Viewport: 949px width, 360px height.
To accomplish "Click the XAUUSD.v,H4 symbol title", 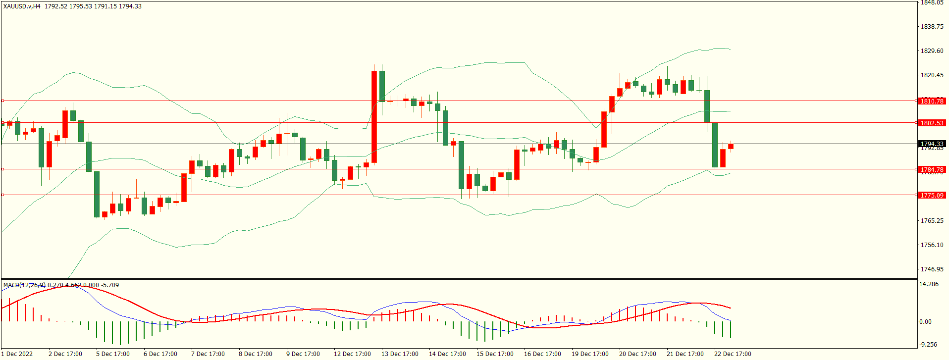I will pyautogui.click(x=22, y=6).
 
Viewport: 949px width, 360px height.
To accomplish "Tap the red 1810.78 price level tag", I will pyautogui.click(x=932, y=101).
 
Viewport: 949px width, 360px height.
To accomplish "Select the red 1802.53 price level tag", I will pyautogui.click(x=932, y=123).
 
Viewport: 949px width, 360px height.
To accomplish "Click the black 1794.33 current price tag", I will pyautogui.click(x=932, y=144).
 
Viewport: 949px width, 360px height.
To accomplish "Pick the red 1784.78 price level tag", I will pyautogui.click(x=932, y=169).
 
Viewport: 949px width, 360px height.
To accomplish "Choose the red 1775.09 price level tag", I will pyautogui.click(x=932, y=195).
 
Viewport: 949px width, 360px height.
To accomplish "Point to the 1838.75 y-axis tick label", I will pyautogui.click(x=932, y=27).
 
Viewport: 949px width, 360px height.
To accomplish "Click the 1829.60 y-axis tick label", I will pyautogui.click(x=932, y=51).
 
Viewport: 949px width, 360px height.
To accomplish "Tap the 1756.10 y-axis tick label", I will pyautogui.click(x=932, y=245).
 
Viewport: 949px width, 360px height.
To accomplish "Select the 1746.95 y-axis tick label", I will pyautogui.click(x=932, y=269).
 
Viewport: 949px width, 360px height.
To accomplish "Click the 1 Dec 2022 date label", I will pyautogui.click(x=17, y=354).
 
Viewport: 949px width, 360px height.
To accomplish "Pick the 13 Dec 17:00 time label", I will pyautogui.click(x=400, y=354).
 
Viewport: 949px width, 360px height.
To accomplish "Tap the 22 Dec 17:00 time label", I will pyautogui.click(x=733, y=354).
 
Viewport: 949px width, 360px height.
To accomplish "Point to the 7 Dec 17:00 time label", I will pyautogui.click(x=208, y=354).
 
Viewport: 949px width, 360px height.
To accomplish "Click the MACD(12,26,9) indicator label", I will pyautogui.click(x=24, y=285).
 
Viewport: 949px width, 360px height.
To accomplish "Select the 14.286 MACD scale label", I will pyautogui.click(x=929, y=284).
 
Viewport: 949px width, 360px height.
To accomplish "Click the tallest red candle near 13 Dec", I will pyautogui.click(x=374, y=117).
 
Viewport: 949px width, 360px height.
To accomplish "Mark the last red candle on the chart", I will pyautogui.click(x=731, y=146).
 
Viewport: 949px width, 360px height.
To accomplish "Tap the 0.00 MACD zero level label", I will pyautogui.click(x=925, y=322).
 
